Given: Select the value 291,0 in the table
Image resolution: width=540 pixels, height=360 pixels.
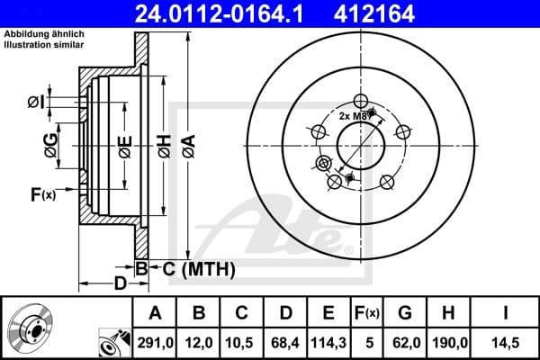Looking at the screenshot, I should [155, 341].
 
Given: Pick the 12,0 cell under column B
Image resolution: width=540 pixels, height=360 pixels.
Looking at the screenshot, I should [200, 341].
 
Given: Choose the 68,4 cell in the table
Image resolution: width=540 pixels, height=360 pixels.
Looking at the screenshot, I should [286, 341].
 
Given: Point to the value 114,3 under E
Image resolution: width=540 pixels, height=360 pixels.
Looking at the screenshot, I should [329, 341].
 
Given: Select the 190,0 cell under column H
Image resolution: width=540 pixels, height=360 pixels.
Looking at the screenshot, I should [450, 341].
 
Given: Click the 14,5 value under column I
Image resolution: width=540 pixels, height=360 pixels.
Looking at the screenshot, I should [506, 341].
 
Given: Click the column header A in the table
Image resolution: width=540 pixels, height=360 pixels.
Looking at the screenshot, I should [155, 313].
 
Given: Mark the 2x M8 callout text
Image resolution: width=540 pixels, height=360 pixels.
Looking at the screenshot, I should [353, 116].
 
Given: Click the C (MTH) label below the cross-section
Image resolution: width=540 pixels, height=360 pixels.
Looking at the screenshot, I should [199, 268].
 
